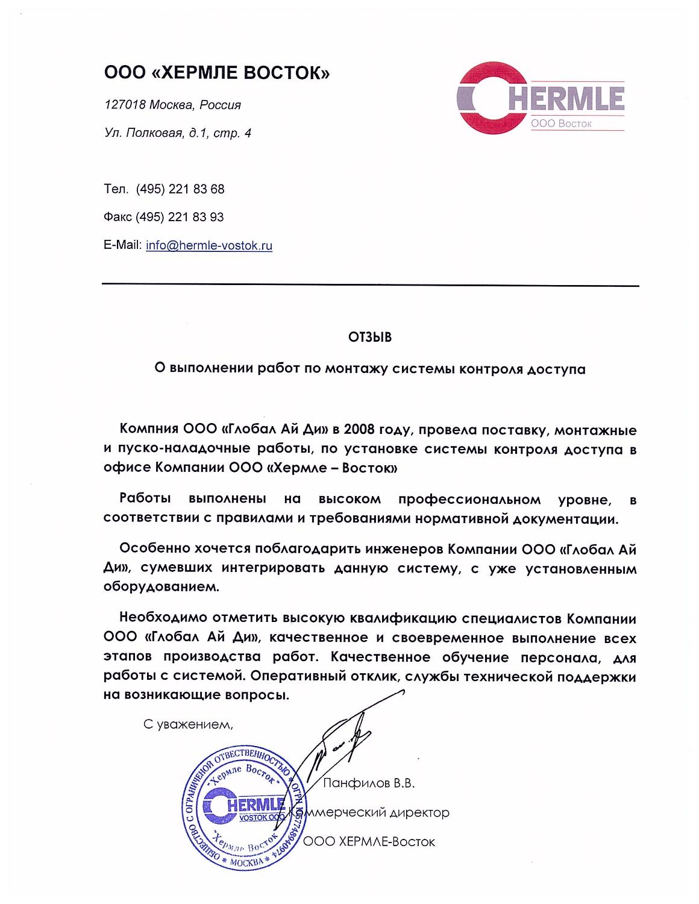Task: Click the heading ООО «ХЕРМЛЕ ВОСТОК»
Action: pos(217,74)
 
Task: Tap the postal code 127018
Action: pos(125,105)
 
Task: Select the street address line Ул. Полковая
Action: pos(178,133)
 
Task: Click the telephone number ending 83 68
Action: pos(180,189)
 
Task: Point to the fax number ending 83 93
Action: pos(180,217)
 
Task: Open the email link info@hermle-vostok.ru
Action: pos(209,246)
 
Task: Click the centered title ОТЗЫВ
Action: pos(369,337)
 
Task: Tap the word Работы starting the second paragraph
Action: pos(145,498)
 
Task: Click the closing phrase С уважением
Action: pos(187,724)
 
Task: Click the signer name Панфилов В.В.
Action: pos(369,784)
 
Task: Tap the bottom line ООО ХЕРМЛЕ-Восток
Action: pos(369,842)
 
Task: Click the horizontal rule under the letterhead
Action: pos(370,285)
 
